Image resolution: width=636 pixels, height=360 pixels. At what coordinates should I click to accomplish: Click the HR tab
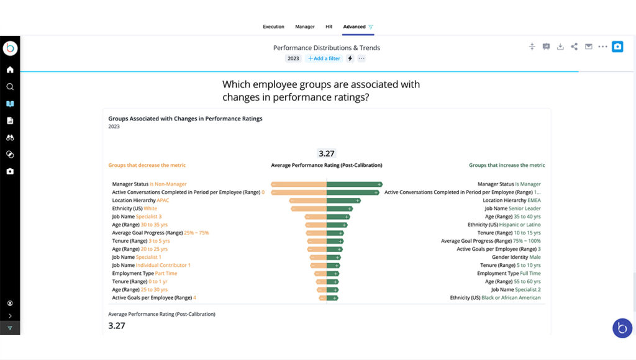click(329, 27)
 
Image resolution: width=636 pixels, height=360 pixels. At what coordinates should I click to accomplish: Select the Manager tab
click(305, 27)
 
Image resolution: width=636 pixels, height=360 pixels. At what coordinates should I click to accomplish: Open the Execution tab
click(273, 27)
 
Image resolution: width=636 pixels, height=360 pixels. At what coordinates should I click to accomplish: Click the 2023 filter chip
click(293, 58)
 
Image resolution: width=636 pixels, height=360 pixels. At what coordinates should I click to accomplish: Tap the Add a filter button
click(324, 58)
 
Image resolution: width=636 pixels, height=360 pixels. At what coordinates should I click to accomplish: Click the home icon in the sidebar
click(10, 70)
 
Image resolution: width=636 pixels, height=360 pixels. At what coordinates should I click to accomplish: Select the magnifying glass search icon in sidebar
click(10, 87)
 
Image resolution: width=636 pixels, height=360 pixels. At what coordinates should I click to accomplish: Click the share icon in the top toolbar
click(575, 47)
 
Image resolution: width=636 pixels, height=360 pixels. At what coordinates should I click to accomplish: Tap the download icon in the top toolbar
click(560, 47)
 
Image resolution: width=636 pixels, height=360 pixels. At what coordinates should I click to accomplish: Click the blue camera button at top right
click(617, 47)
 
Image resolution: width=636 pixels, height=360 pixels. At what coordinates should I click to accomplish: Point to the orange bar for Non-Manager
click(299, 184)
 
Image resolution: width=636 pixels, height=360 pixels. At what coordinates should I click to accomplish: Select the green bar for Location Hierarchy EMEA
click(343, 200)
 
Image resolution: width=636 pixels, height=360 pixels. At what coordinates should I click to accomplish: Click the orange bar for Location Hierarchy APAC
click(308, 200)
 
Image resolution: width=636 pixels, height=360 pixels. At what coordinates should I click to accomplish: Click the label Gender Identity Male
click(516, 257)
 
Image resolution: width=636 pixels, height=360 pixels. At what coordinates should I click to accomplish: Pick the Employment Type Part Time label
click(144, 273)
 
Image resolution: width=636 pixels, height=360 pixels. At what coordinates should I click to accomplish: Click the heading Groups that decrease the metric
click(147, 165)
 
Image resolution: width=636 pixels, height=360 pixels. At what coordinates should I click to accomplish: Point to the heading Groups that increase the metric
click(507, 165)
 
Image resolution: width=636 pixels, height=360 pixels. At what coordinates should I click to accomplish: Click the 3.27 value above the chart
click(326, 153)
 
